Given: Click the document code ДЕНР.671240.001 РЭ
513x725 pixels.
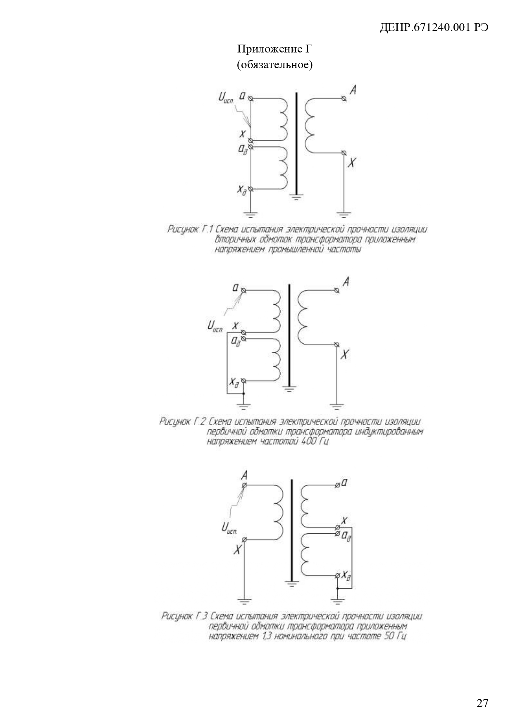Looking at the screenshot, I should point(434,27).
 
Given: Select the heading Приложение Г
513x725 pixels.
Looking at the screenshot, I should point(274,50).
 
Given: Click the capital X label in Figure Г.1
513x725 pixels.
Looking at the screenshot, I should point(351,163).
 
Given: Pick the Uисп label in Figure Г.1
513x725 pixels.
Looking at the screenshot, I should point(226,98).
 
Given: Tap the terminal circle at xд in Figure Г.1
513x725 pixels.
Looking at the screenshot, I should point(250,189).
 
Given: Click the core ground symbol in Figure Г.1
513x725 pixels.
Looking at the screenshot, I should point(296,197).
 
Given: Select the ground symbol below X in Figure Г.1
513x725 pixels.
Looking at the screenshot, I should point(344,214).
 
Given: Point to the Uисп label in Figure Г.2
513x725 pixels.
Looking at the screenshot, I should point(215,328).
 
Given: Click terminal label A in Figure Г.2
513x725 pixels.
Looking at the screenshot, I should point(346,282).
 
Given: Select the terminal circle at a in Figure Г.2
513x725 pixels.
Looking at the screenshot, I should point(243,290).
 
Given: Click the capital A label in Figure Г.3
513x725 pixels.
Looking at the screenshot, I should point(244,475).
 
